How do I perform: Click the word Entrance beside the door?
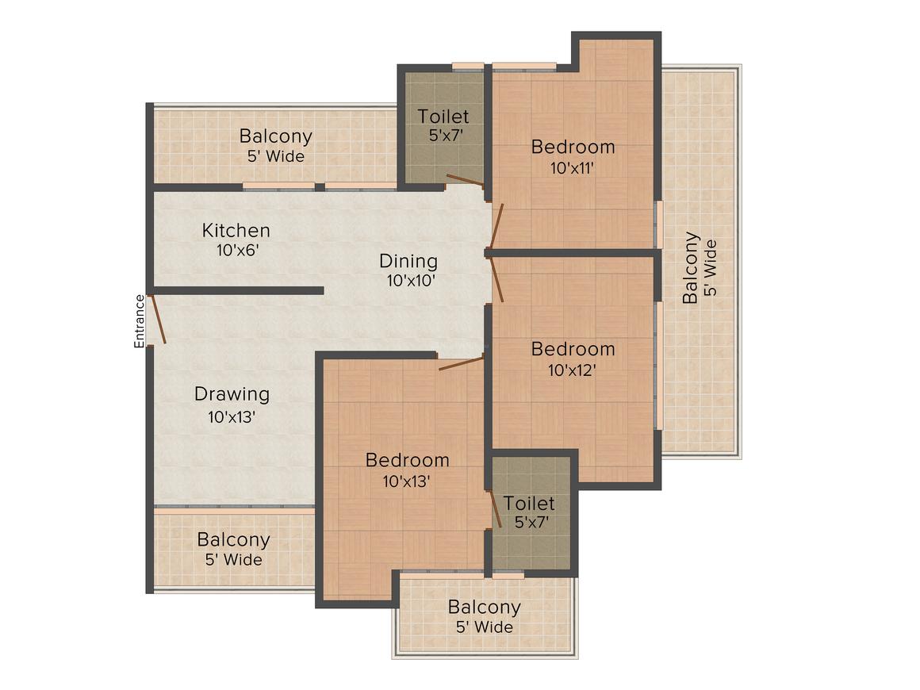pos(139,321)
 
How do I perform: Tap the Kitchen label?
pos(236,230)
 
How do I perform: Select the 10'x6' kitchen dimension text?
pos(238,251)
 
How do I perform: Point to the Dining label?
pos(408,261)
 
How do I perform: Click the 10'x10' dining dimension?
pos(411,281)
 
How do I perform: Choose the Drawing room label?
pos(232,394)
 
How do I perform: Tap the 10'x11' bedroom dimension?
pos(572,168)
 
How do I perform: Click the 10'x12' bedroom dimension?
pos(572,370)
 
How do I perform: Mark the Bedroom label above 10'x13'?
pos(407,460)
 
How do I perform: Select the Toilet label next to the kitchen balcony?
pos(443,116)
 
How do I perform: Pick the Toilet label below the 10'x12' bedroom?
pos(529,503)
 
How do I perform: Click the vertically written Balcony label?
pos(691,267)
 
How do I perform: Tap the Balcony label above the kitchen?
pos(276,136)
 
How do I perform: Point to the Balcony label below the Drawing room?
pos(233,540)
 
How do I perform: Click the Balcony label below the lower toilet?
pos(484,608)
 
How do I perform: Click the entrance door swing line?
pos(159,319)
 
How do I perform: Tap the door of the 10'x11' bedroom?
pos(497,226)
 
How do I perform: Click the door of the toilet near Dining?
pos(466,180)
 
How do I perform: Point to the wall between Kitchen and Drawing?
pos(238,290)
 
